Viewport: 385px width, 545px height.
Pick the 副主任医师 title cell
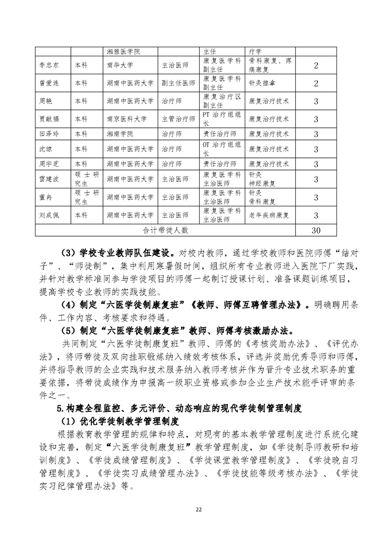coord(178,83)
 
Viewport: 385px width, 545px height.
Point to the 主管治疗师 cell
coord(178,119)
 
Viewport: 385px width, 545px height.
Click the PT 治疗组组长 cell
coord(221,119)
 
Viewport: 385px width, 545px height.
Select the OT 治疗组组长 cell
coord(221,149)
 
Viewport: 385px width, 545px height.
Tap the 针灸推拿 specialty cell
coord(263,83)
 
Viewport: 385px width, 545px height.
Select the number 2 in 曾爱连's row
coord(316,83)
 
